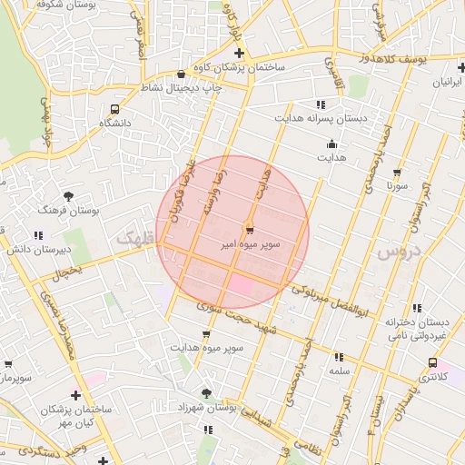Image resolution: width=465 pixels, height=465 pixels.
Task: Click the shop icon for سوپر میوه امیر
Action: [x=250, y=229]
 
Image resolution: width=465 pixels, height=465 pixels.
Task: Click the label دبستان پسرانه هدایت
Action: [x=319, y=118]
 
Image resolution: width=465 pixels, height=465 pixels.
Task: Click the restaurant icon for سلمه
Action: [x=340, y=357]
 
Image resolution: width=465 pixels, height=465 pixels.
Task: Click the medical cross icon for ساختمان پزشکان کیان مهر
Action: [x=75, y=395]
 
